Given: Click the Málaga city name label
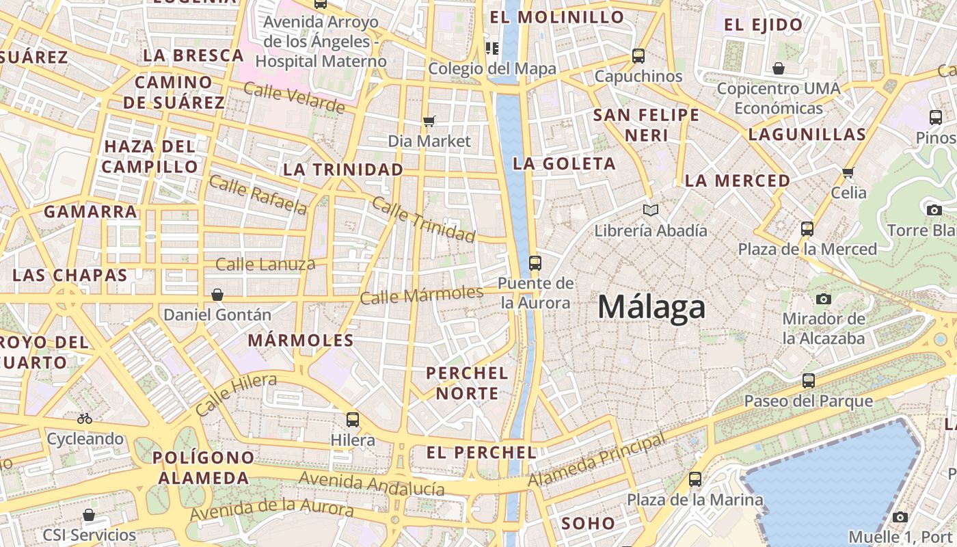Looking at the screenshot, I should pos(651,307).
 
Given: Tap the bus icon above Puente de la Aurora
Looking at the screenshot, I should pos(535,263).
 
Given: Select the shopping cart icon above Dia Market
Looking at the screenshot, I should pos(429,121).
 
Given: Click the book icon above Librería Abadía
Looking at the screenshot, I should pos(651,210).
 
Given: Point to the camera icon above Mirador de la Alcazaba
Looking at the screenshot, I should pos(824,299).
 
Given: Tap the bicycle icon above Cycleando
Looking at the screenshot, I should pos(85,418).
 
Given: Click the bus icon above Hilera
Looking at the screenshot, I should pos(353,420).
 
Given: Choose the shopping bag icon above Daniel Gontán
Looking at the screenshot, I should pos(217,295).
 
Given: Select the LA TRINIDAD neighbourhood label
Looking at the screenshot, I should pos(343,169).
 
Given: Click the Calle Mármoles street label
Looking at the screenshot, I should pos(422,295).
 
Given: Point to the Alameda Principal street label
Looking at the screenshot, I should pos(596,459).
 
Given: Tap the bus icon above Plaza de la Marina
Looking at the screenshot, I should pos(695,479).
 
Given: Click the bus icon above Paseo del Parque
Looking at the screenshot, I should pos(809,381).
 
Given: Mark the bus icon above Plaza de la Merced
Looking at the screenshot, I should pos(807,228).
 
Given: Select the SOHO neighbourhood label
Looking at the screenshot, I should pos(588,524).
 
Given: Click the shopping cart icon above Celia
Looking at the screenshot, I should pos(848,172).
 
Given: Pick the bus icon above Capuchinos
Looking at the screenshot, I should pos(638,56).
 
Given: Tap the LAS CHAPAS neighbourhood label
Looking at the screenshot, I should pos(70,275).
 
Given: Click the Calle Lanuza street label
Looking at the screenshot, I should pos(265,264).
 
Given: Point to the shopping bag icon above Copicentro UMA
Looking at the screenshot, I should pos(779,68).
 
